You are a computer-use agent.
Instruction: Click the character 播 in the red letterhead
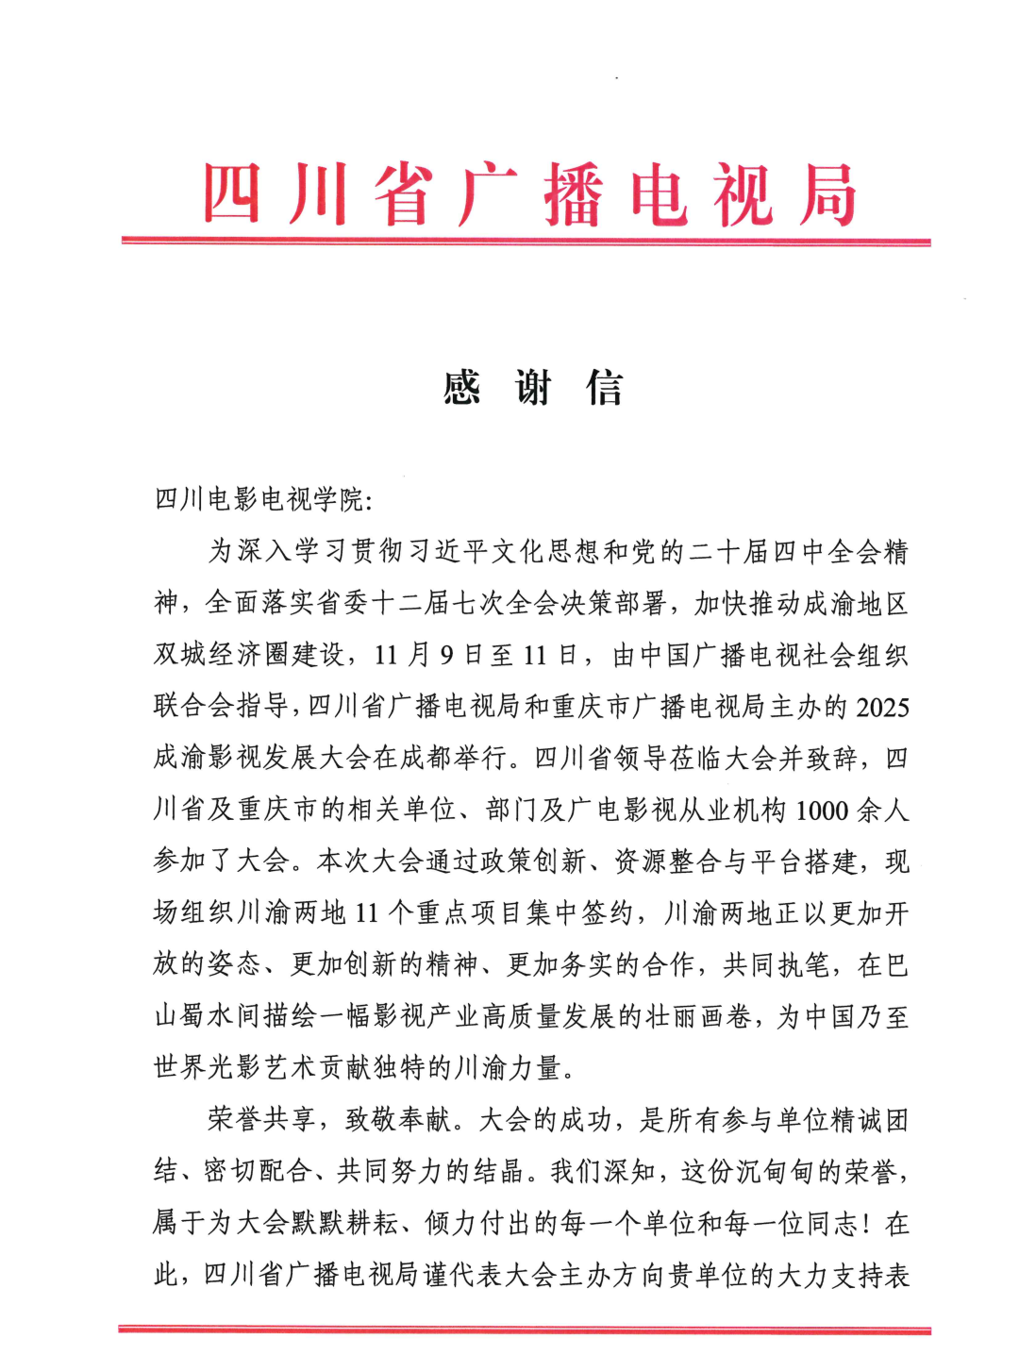pyautogui.click(x=573, y=195)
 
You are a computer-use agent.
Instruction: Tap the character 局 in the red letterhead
pyautogui.click(x=828, y=195)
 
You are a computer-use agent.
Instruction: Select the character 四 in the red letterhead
pyautogui.click(x=231, y=195)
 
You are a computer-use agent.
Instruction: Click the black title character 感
pyautogui.click(x=462, y=388)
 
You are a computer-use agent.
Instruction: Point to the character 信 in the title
pyautogui.click(x=605, y=388)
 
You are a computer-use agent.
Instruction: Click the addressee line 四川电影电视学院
pyautogui.click(x=259, y=499)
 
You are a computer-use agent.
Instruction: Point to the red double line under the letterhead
pyautogui.click(x=526, y=242)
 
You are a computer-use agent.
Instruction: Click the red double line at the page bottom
pyautogui.click(x=526, y=1330)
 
